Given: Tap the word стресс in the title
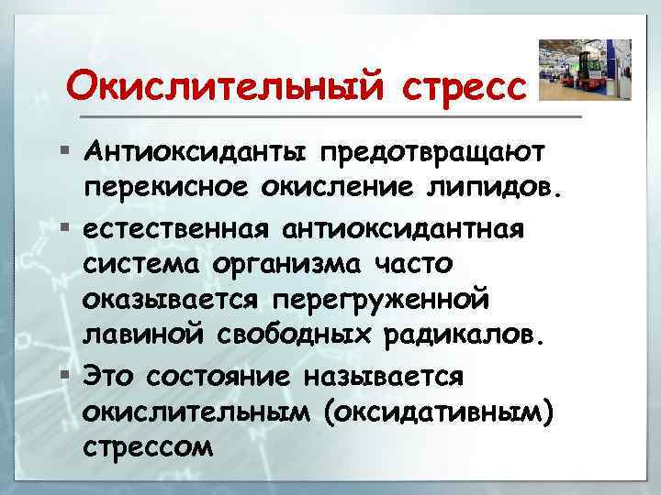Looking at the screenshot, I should coord(465,88).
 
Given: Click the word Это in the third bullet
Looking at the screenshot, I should coord(108,376).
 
